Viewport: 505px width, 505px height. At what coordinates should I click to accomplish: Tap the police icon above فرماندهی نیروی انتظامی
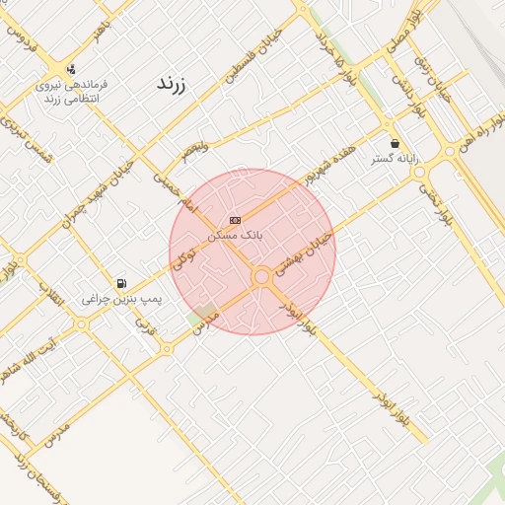71,69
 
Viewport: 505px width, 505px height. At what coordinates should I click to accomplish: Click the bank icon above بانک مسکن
234,219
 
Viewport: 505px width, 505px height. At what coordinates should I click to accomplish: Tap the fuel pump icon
121,283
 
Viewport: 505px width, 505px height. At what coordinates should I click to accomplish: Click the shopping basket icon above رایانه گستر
395,143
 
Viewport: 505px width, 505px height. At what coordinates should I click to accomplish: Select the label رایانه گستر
396,158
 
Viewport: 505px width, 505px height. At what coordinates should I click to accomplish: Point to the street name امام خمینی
176,190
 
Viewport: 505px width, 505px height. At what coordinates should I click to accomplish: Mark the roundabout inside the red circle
262,278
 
